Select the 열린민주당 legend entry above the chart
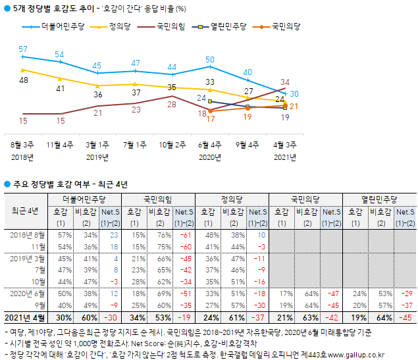pyautogui.click(x=228, y=27)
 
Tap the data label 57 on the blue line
pyautogui.click(x=23, y=49)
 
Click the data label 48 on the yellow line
pyautogui.click(x=24, y=80)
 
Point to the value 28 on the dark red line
pyautogui.click(x=171, y=104)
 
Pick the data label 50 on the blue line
pyautogui.click(x=210, y=60)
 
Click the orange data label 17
pyautogui.click(x=211, y=119)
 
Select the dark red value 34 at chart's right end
pyautogui.click(x=285, y=82)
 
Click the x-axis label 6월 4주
pyautogui.click(x=210, y=144)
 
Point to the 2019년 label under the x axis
pyautogui.click(x=97, y=157)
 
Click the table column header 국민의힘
pyautogui.click(x=157, y=197)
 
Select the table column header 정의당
pyautogui.click(x=232, y=197)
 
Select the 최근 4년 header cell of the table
pyautogui.click(x=25, y=211)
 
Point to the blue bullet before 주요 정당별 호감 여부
pyautogui.click(x=7, y=184)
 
